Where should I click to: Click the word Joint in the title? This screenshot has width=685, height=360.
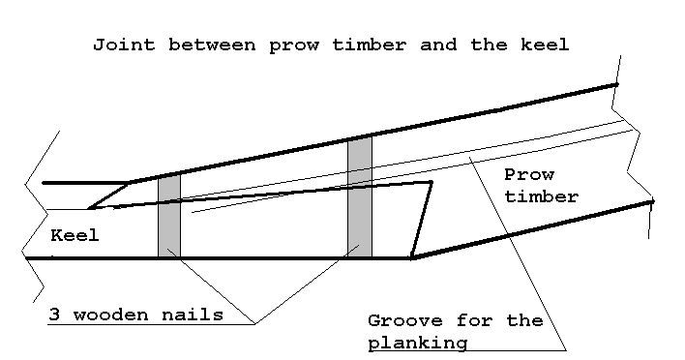click(124, 45)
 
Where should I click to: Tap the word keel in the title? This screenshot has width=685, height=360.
click(545, 45)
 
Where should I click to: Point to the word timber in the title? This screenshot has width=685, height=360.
click(370, 45)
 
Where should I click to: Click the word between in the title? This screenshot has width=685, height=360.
click(212, 45)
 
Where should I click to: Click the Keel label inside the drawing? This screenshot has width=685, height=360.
click(74, 235)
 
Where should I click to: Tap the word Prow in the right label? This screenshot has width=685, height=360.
click(529, 175)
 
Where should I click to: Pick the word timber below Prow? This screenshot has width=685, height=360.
click(541, 196)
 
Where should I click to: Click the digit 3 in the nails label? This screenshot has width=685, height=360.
click(54, 315)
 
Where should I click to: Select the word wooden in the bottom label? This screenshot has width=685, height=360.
click(110, 315)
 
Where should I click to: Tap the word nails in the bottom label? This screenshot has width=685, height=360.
click(193, 315)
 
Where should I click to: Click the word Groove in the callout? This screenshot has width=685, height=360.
click(405, 321)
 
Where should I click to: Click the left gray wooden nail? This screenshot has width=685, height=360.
click(169, 216)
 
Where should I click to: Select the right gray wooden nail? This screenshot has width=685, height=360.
click(360, 197)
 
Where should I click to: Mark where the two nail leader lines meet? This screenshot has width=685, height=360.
click(255, 324)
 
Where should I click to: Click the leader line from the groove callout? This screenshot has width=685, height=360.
click(518, 253)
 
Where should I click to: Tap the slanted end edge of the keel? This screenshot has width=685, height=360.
click(421, 220)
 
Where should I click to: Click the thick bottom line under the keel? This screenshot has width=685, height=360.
click(219, 258)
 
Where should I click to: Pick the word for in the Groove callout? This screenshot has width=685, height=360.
click(474, 321)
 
